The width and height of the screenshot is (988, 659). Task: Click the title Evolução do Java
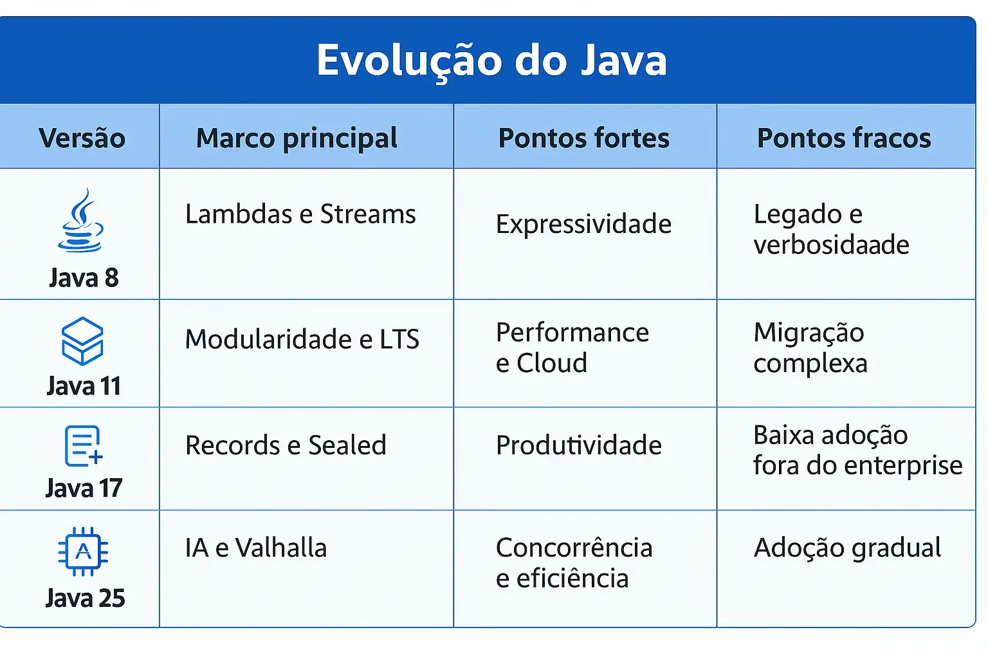[x=491, y=60]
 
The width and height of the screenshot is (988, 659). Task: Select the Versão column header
[x=82, y=138]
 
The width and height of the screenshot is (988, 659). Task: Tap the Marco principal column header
[x=297, y=138]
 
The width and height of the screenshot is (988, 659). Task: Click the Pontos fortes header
[x=583, y=138]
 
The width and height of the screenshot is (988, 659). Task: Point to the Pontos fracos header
[x=844, y=138]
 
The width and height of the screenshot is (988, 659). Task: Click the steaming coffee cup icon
[x=81, y=220]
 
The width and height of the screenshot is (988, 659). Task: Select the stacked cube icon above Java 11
[x=82, y=340]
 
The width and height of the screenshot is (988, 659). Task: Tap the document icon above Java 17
[x=83, y=445]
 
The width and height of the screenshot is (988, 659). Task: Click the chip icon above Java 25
[x=83, y=552]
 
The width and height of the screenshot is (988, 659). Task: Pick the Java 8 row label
[x=84, y=278]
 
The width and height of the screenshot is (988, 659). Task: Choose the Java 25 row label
[x=85, y=598]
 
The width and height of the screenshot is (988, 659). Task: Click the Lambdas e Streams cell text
[x=300, y=214]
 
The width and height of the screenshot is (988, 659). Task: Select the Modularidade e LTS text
[x=302, y=339]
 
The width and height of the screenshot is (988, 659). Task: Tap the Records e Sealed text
[x=286, y=445]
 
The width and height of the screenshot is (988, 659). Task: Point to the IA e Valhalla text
[x=255, y=548]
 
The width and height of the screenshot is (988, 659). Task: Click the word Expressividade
[x=583, y=224]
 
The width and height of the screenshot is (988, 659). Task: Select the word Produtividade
[x=578, y=445]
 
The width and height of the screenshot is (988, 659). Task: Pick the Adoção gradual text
[x=847, y=548]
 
